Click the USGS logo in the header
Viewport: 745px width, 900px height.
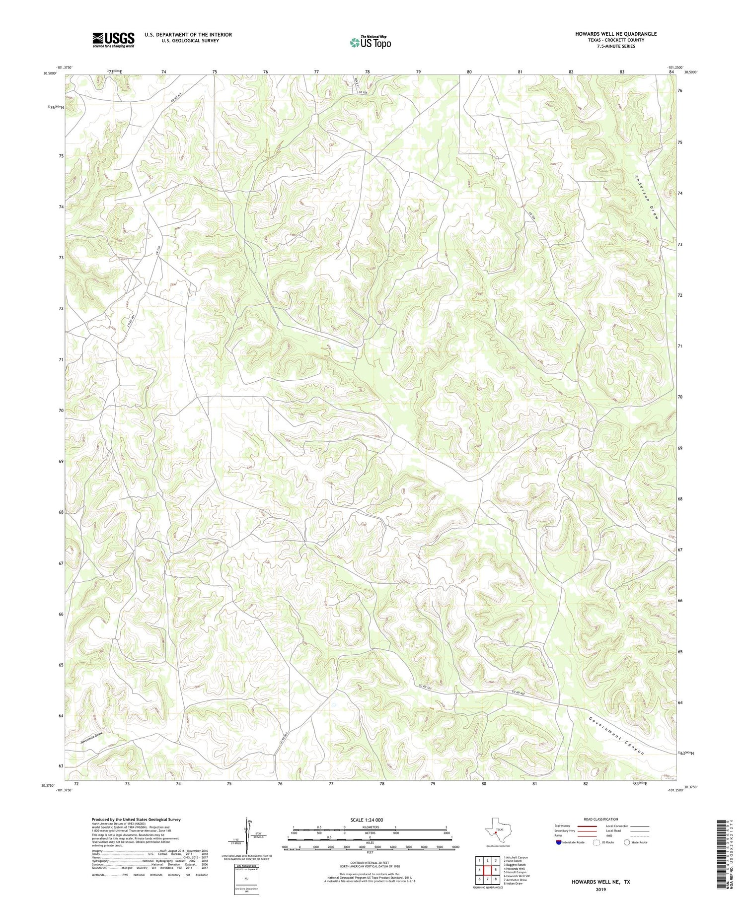coord(113,40)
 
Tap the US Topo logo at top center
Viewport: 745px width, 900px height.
coord(370,42)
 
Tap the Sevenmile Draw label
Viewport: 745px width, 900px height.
coord(94,737)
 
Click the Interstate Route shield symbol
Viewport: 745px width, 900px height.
coord(559,842)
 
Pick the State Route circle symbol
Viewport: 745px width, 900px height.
coord(627,842)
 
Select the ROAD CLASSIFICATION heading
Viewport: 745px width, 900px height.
coord(600,819)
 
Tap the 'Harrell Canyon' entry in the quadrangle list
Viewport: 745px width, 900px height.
coord(515,872)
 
